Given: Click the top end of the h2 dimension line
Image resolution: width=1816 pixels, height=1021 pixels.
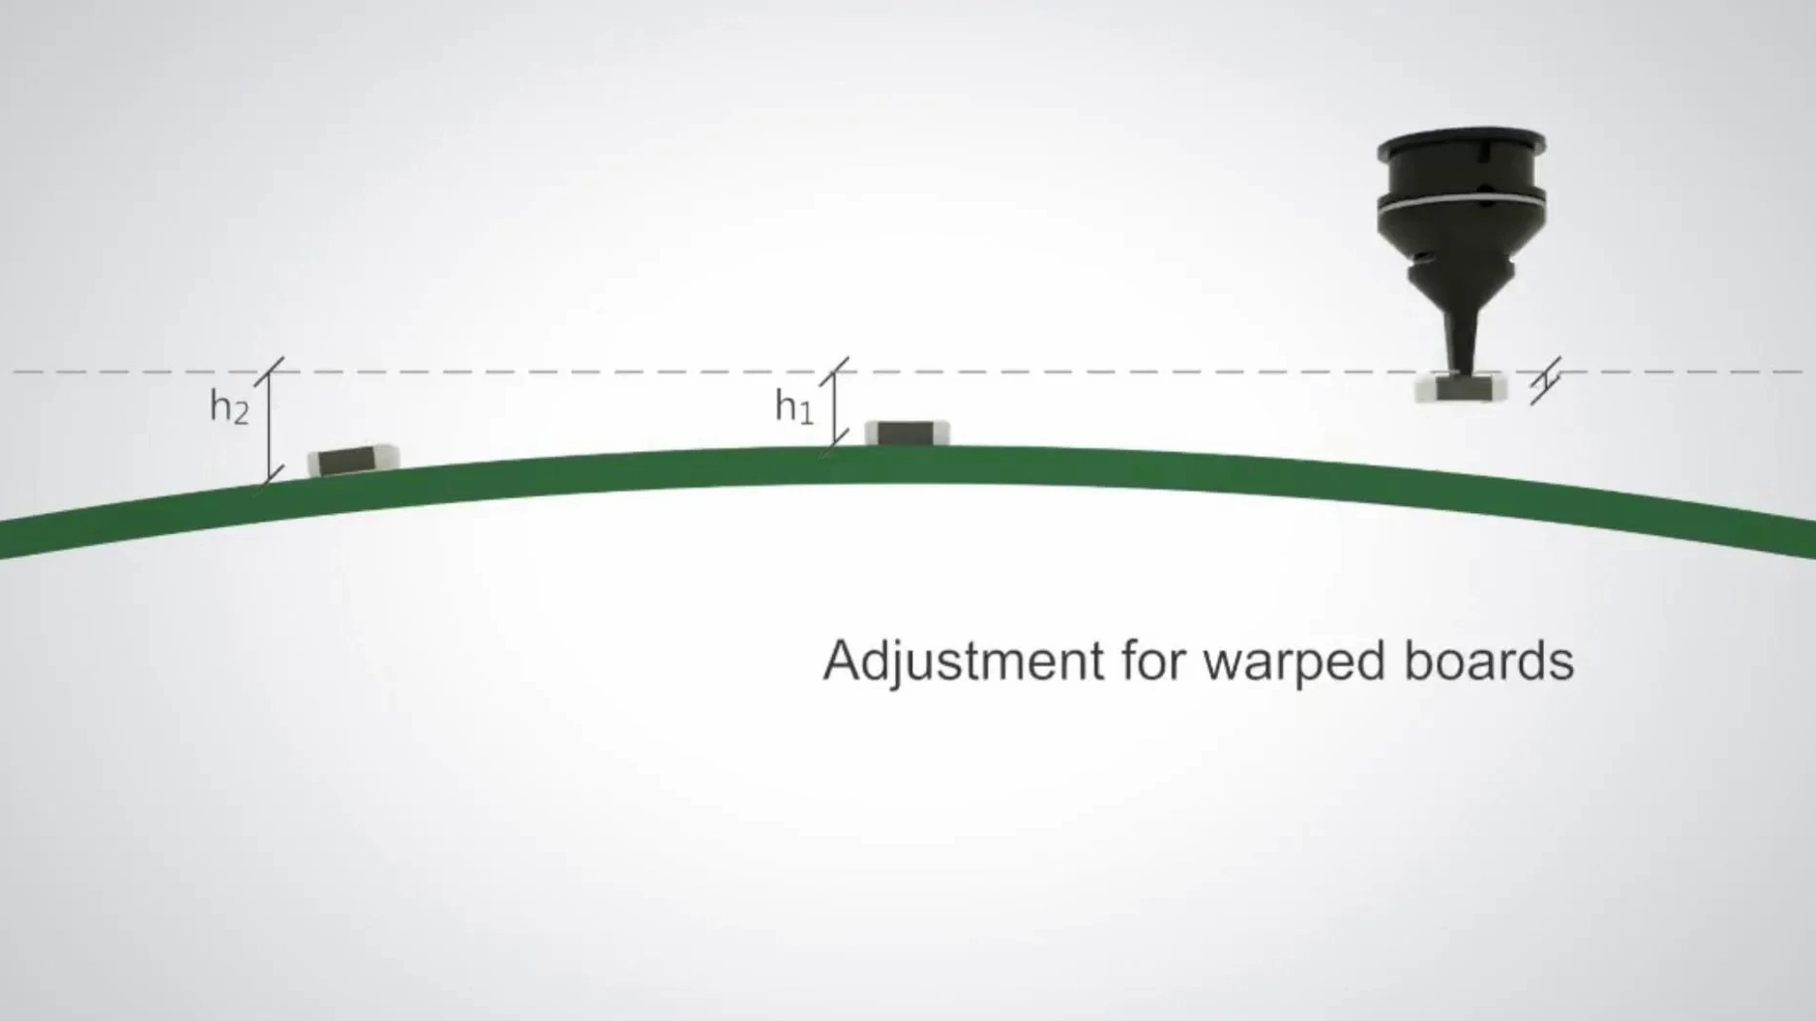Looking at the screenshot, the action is [270, 372].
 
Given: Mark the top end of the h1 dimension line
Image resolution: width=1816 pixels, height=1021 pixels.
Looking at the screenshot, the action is [834, 372].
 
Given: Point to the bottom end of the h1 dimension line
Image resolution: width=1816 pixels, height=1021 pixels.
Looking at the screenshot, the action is [834, 441].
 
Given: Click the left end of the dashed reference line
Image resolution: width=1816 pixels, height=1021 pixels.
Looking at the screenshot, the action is [14, 372].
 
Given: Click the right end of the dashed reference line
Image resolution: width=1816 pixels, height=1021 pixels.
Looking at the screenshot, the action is [1801, 372].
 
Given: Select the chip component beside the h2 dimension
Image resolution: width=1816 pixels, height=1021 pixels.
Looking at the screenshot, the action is [353, 460].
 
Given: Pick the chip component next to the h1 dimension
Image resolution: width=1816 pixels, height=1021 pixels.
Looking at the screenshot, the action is [907, 433].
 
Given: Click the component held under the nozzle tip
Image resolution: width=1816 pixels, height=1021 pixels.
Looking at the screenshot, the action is [1460, 389].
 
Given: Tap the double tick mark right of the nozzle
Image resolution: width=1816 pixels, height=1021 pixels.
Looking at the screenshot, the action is [1545, 380].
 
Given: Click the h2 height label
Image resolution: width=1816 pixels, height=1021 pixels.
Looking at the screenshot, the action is [229, 406].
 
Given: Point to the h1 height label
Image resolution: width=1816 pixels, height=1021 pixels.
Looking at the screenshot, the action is [793, 405].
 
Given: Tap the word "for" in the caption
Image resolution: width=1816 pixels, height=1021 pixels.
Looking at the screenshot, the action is [1154, 660].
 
